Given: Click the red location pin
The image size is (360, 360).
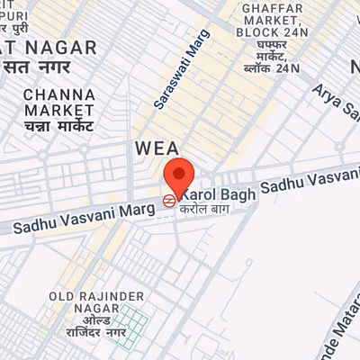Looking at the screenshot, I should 179,175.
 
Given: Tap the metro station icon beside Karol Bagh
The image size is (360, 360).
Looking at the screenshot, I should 168,201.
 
